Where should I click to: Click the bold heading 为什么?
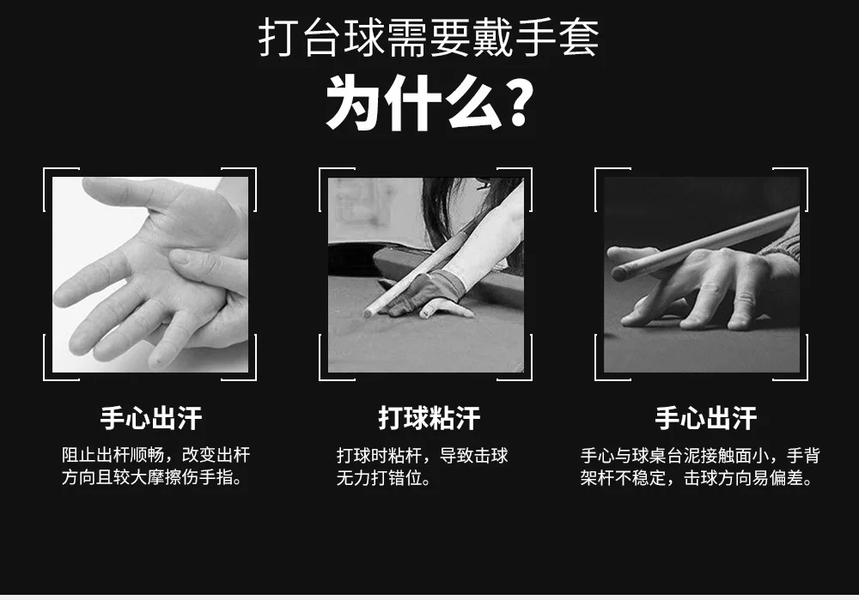pos(414,104)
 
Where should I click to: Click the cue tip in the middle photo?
pos(367,313)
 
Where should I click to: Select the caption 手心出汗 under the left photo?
pos(151,418)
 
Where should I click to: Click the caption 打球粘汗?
pos(429,418)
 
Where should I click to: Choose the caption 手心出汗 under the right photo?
pos(706,418)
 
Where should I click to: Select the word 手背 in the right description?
pos(803,456)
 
